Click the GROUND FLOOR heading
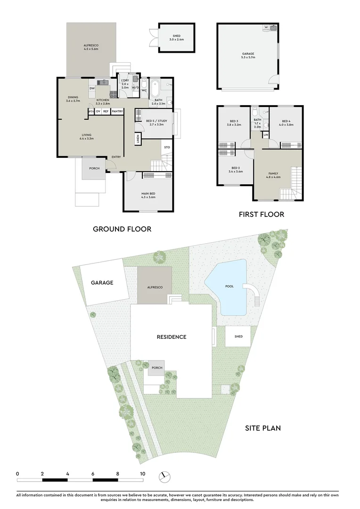point(122,229)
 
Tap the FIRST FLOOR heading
point(262,214)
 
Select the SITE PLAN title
point(263,428)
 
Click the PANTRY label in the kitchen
point(117,111)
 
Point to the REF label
point(106,111)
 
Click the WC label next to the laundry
point(144,90)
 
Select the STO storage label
point(166,148)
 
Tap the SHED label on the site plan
point(238,336)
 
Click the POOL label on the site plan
point(229,286)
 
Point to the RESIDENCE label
point(172,337)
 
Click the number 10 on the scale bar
point(142,473)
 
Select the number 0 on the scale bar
point(17,473)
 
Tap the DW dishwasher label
point(92,88)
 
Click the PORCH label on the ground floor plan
point(94,168)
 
